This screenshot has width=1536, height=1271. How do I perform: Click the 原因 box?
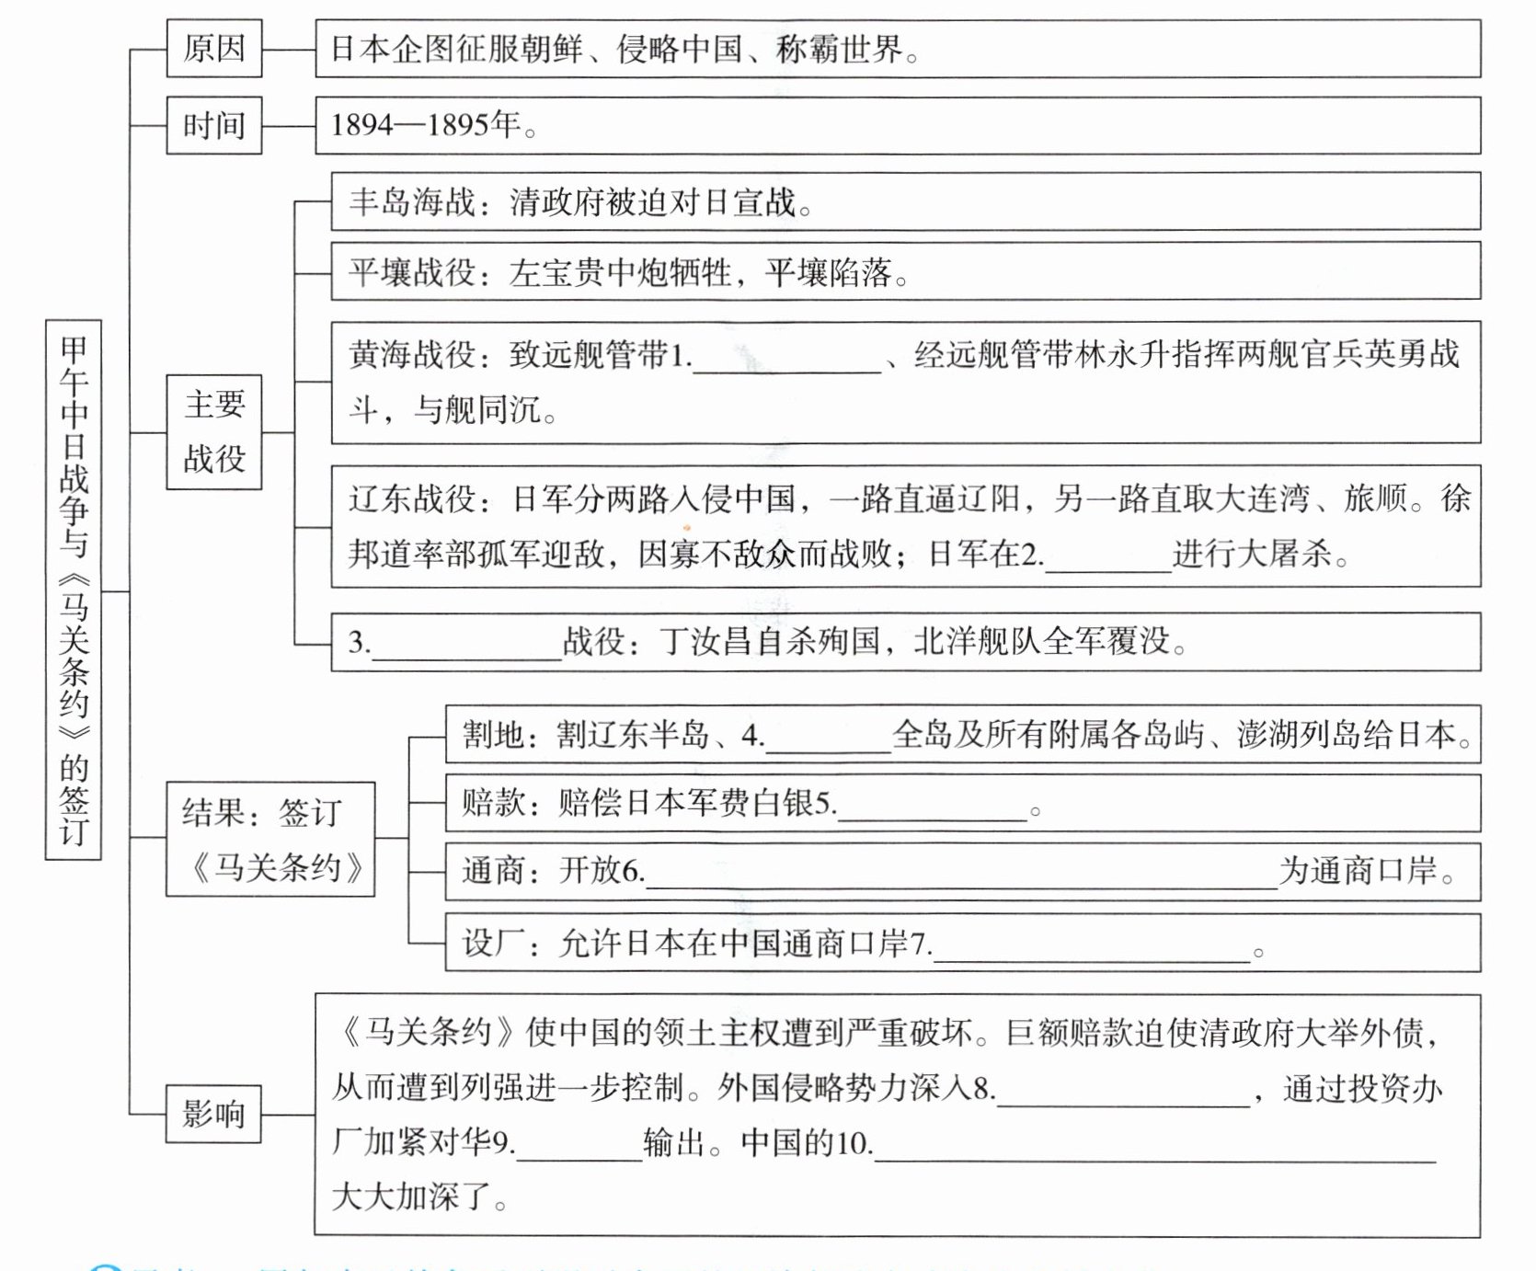coord(213,49)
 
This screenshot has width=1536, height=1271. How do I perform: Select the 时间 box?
coord(213,125)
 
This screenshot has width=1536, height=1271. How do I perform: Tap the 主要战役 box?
coord(213,431)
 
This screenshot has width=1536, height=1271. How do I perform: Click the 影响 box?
coord(213,1114)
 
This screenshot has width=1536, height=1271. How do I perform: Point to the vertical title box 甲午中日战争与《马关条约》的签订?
coord(74,590)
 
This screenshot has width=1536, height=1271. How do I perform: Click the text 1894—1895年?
coord(426,125)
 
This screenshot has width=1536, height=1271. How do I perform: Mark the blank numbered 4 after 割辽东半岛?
coord(828,744)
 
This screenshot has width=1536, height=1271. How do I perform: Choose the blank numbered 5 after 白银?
coord(932,811)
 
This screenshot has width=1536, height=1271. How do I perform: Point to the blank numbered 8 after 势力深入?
coord(1124,1097)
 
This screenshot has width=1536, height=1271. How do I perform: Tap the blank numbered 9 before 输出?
coord(579,1151)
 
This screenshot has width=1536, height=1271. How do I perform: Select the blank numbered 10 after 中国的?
coord(1154,1152)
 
